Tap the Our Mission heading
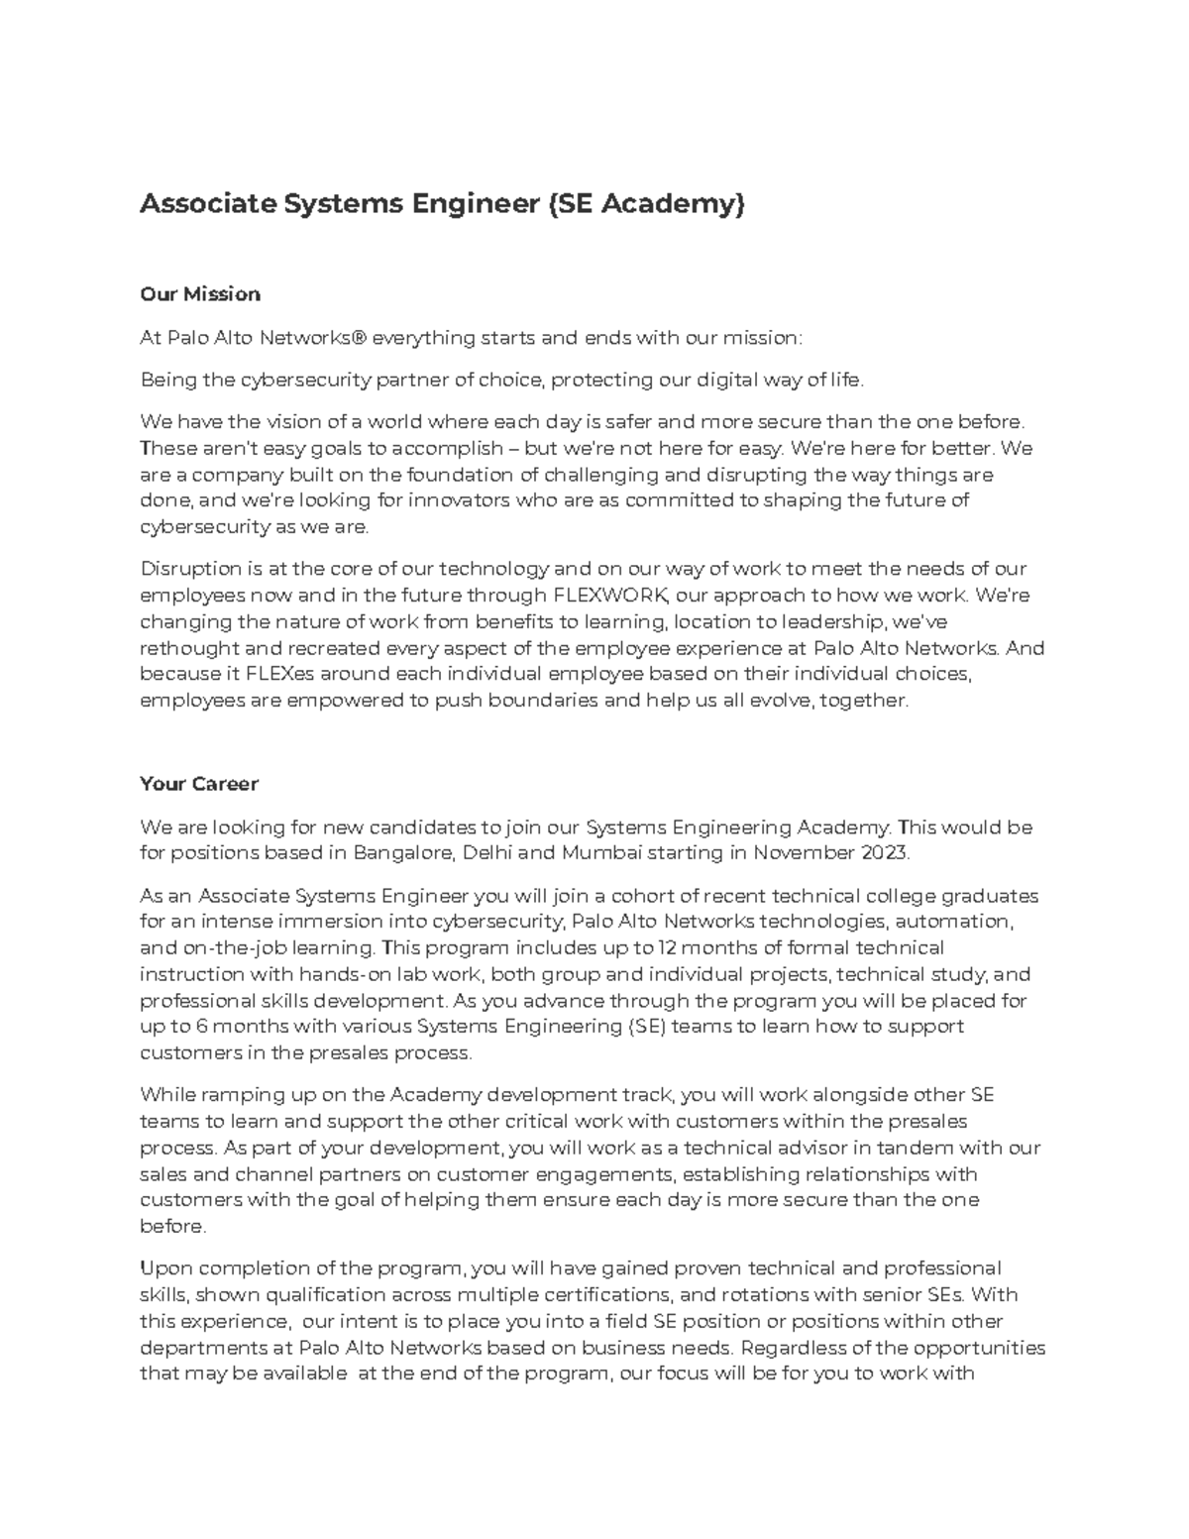[x=200, y=294]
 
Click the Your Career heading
[x=199, y=784]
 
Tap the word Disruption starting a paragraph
[x=190, y=569]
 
